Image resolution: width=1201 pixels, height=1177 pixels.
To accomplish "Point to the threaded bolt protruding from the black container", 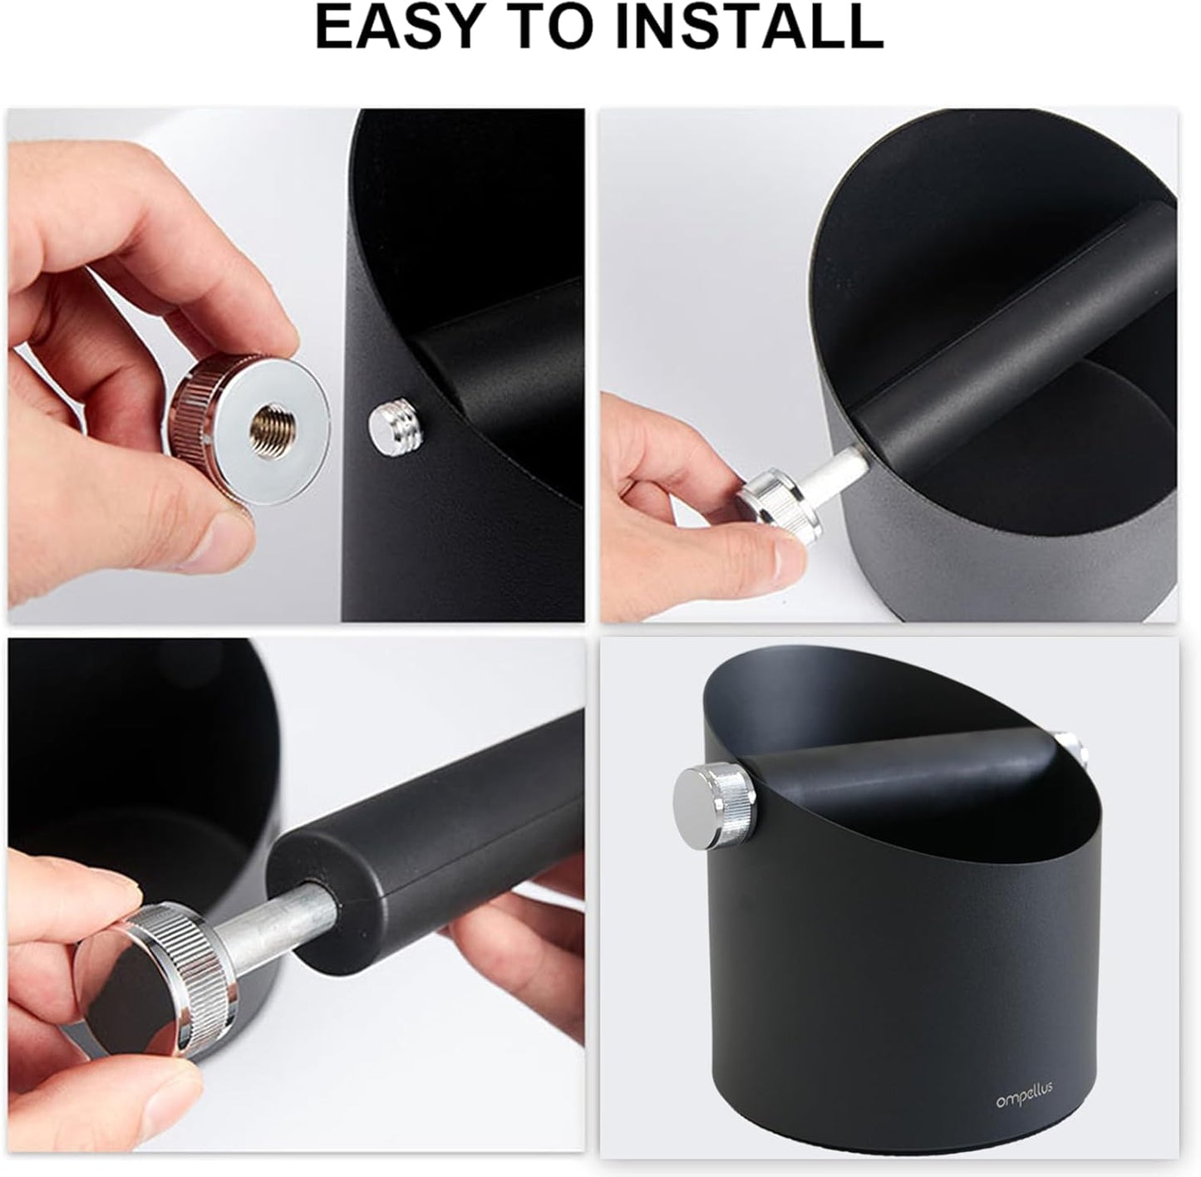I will [391, 429].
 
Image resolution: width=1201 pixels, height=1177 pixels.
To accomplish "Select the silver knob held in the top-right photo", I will [778, 509].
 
